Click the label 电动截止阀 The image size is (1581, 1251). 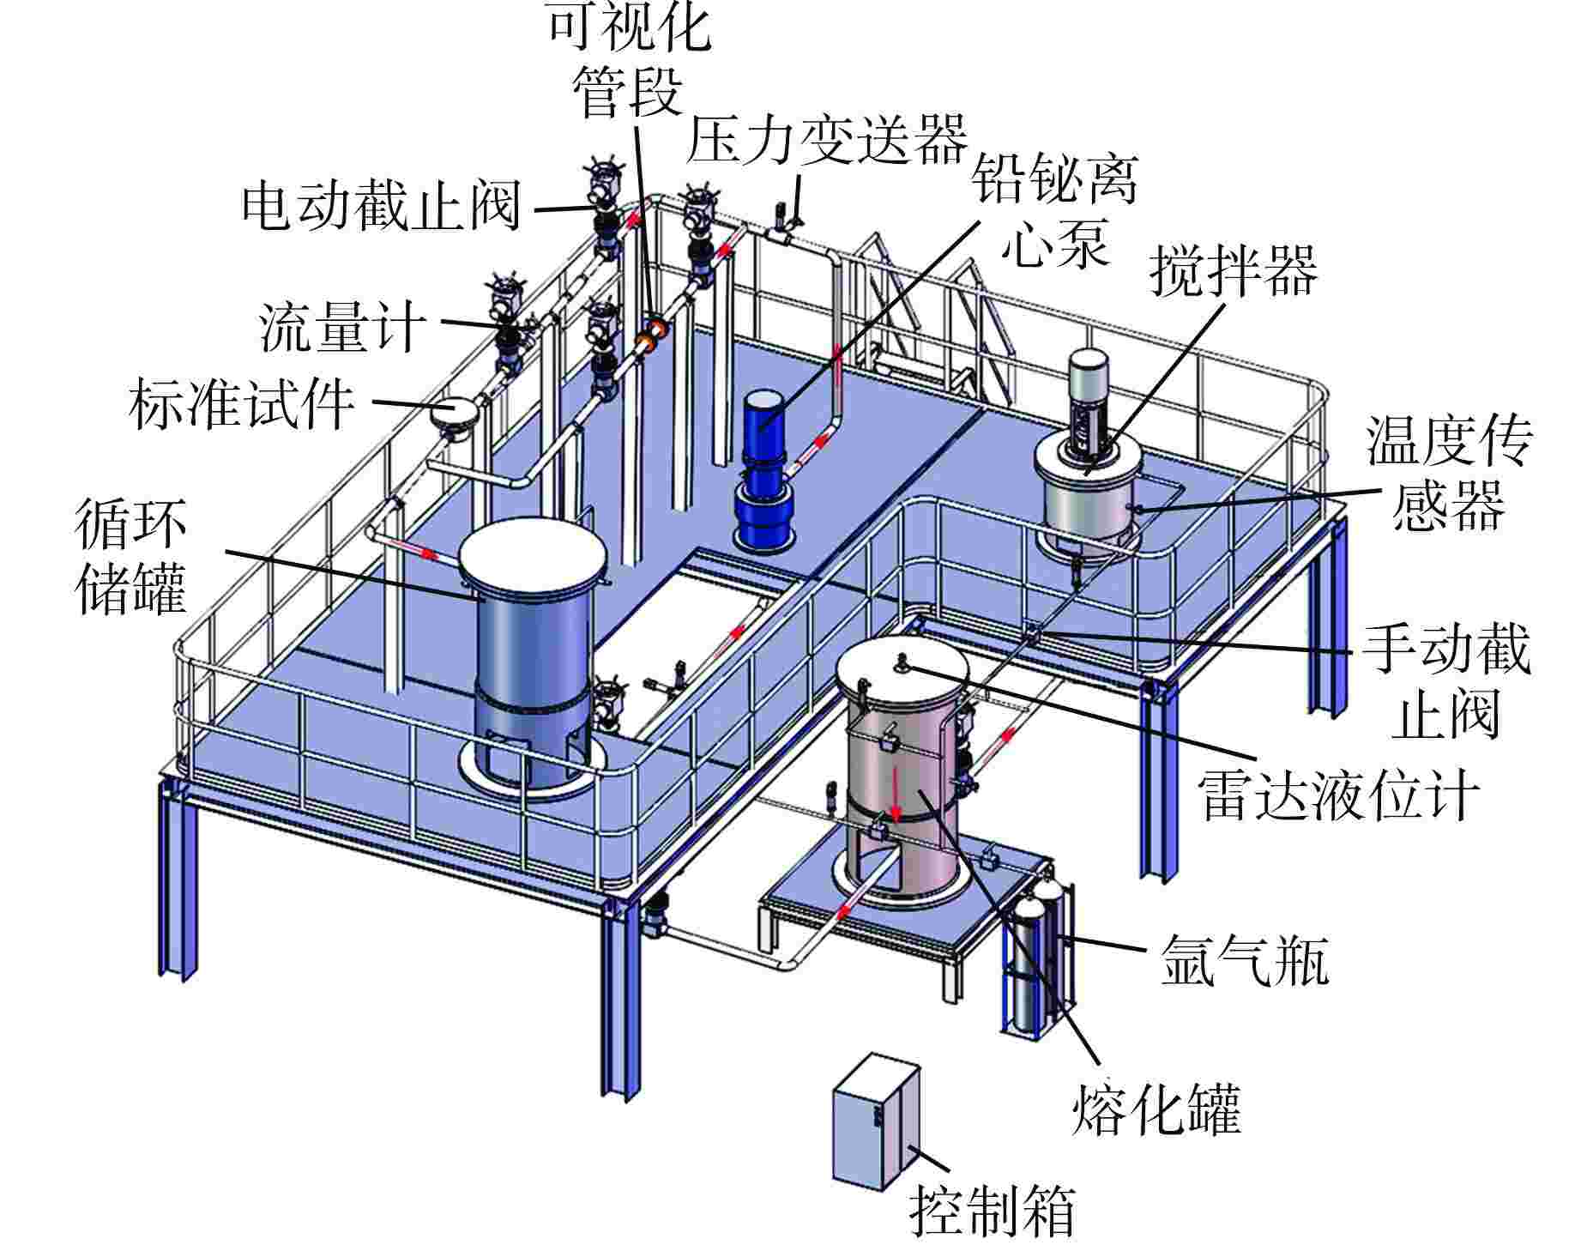(382, 206)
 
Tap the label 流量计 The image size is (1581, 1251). (343, 326)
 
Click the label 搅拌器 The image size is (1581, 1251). (1233, 271)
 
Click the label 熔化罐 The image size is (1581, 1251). (1156, 1110)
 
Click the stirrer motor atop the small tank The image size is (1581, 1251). (1088, 399)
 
